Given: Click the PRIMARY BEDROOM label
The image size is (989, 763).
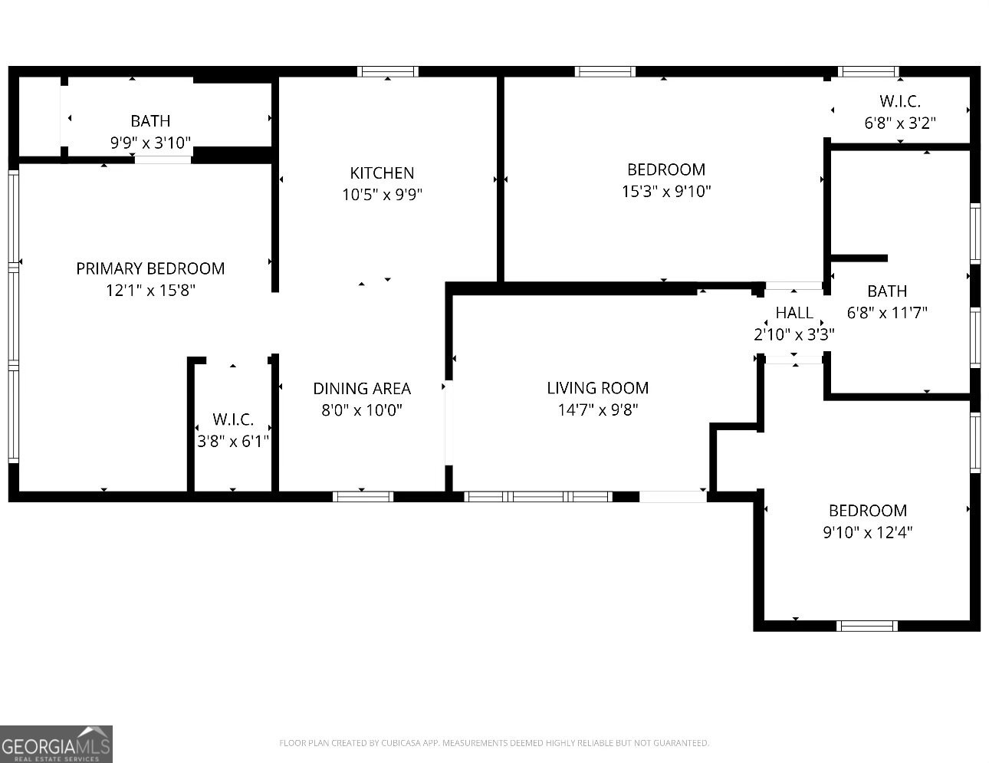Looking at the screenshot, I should click(x=150, y=268).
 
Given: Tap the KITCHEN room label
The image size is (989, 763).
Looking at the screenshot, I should click(x=382, y=173).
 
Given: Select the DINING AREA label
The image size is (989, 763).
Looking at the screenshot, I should click(x=362, y=389).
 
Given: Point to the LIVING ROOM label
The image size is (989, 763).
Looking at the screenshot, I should click(x=598, y=388).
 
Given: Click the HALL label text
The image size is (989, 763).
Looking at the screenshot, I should click(x=794, y=313).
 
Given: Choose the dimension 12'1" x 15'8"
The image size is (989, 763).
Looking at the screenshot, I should click(x=150, y=291).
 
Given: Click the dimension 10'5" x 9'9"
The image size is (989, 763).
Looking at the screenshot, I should click(x=382, y=195).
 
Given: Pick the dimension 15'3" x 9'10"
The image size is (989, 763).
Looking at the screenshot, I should click(x=666, y=191).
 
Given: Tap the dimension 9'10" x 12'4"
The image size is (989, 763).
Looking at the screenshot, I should click(x=868, y=532).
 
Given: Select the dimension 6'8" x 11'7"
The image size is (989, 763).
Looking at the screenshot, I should click(x=887, y=313).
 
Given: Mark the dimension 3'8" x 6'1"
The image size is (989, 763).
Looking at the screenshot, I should click(x=233, y=442).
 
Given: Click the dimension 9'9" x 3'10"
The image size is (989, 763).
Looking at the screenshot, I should click(x=150, y=143).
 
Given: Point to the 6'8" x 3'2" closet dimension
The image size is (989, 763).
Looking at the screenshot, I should click(x=900, y=123).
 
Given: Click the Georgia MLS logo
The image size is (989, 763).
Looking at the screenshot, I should click(x=57, y=744).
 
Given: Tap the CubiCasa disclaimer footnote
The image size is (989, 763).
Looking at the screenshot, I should click(x=494, y=743).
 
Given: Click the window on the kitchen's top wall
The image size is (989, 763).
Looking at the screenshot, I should click(x=388, y=72).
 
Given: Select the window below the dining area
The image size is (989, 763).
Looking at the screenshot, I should click(x=363, y=497).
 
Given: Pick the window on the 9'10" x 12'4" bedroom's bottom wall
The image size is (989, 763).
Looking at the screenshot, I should click(x=866, y=626).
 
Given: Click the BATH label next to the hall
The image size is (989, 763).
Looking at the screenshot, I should click(x=887, y=291).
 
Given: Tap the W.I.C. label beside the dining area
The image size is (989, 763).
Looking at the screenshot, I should click(x=233, y=419).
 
